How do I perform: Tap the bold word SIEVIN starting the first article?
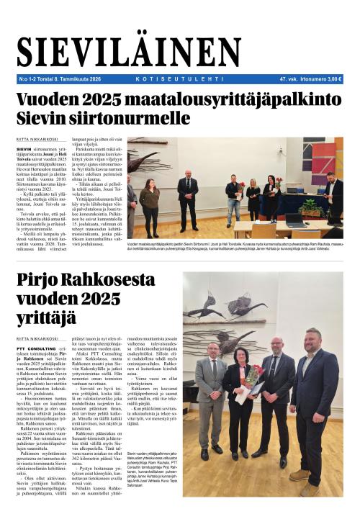24,148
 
